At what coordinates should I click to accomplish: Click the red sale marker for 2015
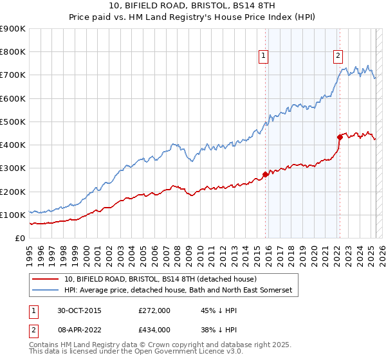[265, 174]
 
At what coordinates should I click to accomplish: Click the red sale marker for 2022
[339, 137]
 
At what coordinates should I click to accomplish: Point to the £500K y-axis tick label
[12, 122]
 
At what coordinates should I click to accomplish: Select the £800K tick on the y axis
[12, 52]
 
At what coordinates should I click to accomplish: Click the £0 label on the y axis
[20, 238]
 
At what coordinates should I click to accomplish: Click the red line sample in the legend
[45, 279]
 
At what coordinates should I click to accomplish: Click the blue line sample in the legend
[45, 291]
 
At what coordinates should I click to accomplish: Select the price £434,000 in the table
[154, 328]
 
